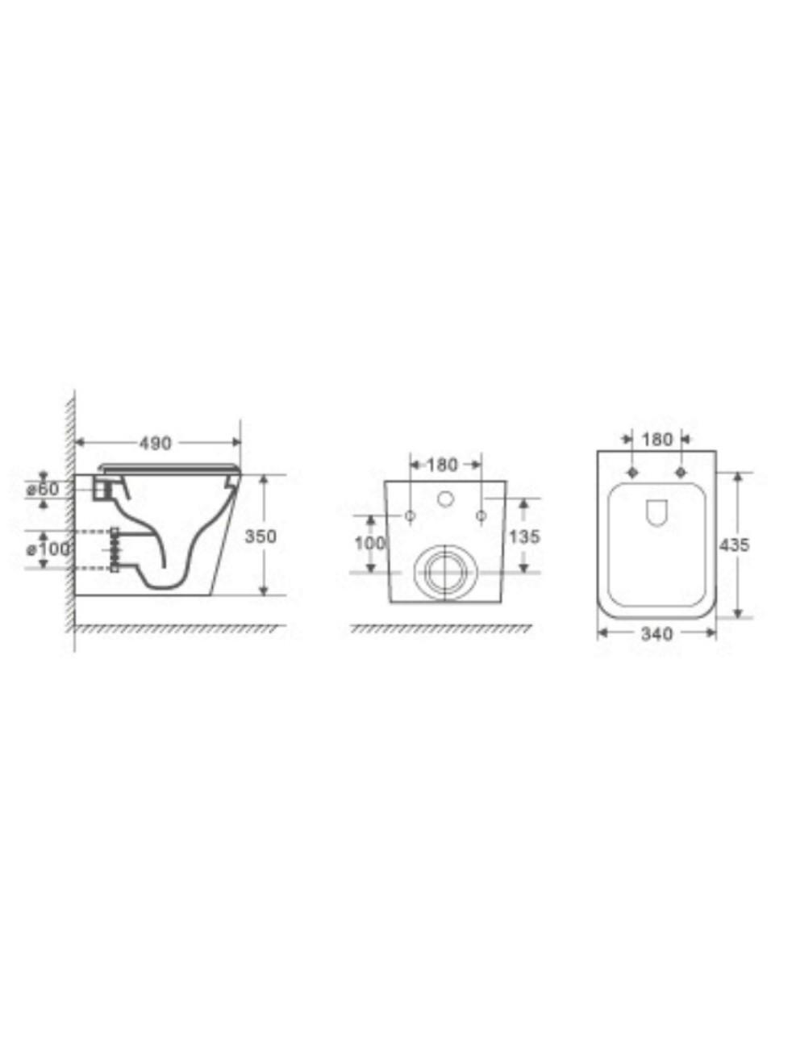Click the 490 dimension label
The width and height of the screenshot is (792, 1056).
click(156, 443)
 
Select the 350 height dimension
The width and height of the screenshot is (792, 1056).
click(261, 536)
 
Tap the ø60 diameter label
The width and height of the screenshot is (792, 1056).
click(44, 489)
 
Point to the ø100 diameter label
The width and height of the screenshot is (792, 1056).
click(48, 549)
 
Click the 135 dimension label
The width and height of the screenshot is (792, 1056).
click(524, 536)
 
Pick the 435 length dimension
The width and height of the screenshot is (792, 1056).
click(734, 545)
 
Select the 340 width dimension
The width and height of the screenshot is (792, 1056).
click(657, 635)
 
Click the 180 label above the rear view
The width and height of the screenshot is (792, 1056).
click(442, 465)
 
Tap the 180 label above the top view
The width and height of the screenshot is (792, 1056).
click(657, 439)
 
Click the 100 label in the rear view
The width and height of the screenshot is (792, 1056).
click(370, 544)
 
